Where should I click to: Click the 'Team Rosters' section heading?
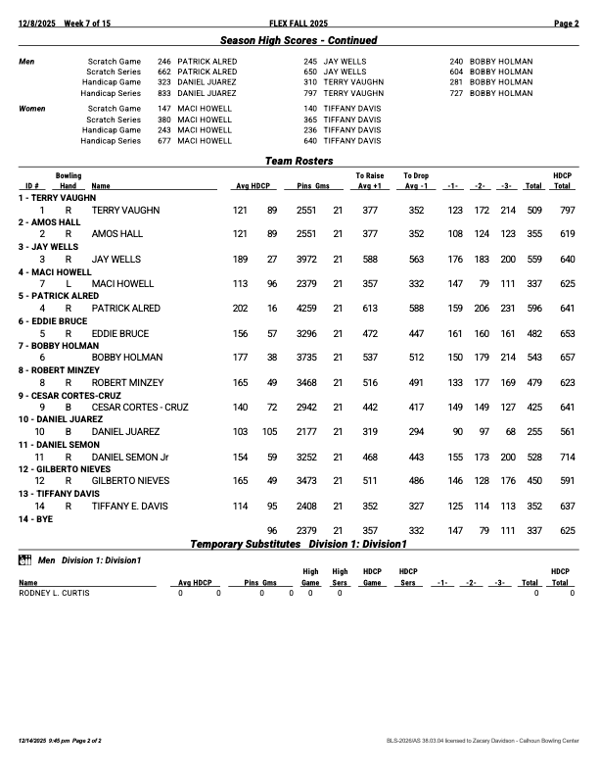tap(299, 161)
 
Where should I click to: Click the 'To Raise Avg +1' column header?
tap(370, 180)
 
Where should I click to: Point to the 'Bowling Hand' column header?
tap(69, 180)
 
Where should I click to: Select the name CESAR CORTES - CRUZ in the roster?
tap(140, 407)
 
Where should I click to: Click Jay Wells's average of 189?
tap(240, 260)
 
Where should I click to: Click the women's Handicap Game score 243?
tap(164, 129)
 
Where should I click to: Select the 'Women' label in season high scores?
tap(33, 109)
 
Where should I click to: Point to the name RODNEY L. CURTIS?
tap(54, 593)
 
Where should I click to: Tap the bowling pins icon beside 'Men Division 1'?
tap(25, 560)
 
